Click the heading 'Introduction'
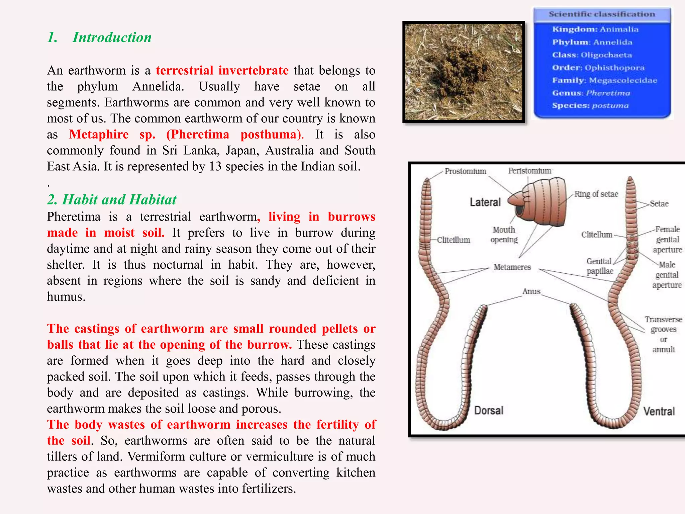coord(112,37)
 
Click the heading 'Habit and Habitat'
coord(119,199)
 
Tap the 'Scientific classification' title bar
coord(601,14)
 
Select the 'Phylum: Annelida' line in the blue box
coord(592,42)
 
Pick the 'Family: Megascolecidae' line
coord(604,80)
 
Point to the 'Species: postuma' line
coord(590,106)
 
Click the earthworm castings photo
coord(463,72)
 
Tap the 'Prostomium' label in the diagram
coord(465,171)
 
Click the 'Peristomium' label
coord(529,171)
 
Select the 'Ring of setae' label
coord(596,194)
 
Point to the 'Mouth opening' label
coord(504,235)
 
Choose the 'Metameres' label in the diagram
coord(512,267)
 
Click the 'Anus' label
coord(531,291)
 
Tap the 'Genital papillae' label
coord(599,266)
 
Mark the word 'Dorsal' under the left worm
coord(489,411)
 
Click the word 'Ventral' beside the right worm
coord(659,411)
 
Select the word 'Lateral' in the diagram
coord(485,202)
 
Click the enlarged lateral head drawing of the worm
coord(539,203)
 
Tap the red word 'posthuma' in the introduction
coord(269,135)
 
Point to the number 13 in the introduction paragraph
coord(215,167)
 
